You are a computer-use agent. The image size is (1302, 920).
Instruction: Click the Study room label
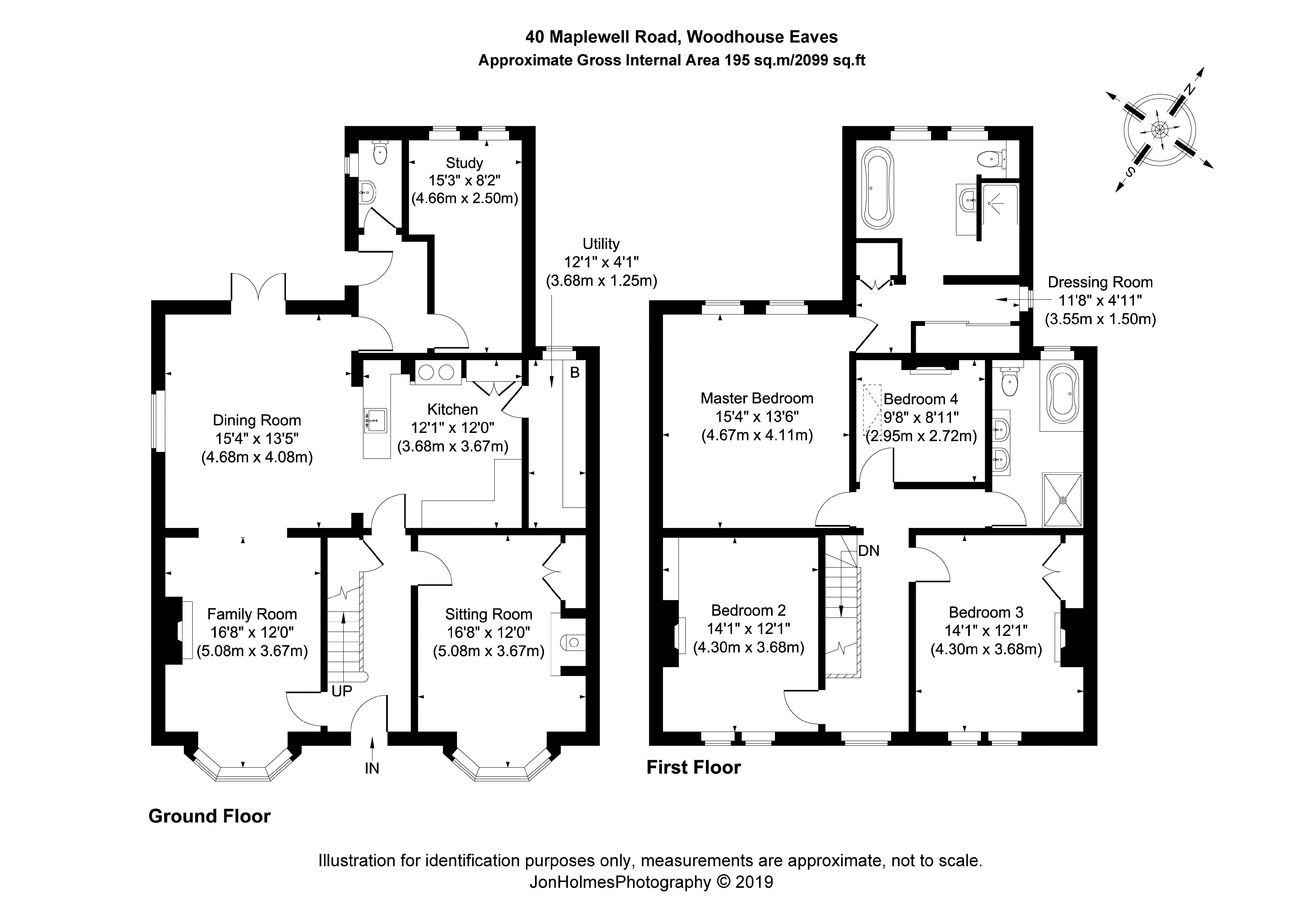click(464, 163)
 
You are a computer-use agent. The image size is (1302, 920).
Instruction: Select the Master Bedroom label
click(756, 398)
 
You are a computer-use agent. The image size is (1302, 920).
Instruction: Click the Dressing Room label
click(1100, 283)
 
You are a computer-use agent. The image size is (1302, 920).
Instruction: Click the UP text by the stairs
click(341, 691)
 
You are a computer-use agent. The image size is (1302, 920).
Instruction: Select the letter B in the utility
click(574, 373)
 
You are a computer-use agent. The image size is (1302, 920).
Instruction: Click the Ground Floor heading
click(209, 816)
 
